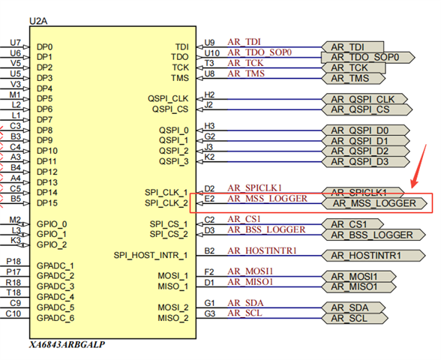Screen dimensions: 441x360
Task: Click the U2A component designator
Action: pos(38,21)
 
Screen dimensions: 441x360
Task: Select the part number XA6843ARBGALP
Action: pos(67,344)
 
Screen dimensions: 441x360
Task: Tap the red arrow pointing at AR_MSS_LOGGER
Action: pos(418,166)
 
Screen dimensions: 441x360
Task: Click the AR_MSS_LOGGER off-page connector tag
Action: pos(374,203)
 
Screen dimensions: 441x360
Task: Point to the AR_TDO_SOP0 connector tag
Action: pos(367,57)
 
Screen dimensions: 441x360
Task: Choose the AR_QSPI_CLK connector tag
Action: pos(364,99)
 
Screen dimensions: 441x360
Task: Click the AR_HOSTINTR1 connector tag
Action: pos(373,256)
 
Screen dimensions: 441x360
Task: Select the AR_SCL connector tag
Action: pos(355,318)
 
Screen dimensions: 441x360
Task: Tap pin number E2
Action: pos(209,199)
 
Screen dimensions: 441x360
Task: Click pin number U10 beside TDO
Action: pos(211,53)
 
